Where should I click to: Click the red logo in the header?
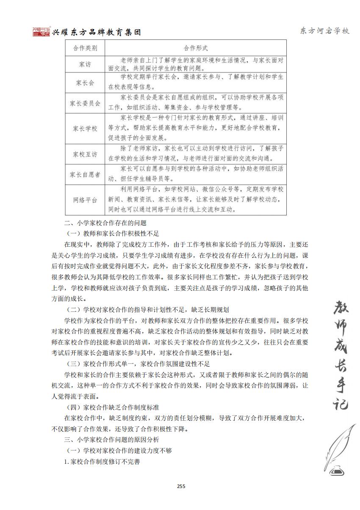tap(41, 32)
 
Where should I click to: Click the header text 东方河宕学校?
tap(324, 31)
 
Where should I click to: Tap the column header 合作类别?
tap(85, 48)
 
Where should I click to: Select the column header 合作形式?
tap(196, 48)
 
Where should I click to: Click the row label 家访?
tap(85, 64)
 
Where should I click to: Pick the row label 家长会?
tap(85, 83)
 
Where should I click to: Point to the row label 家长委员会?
tap(85, 103)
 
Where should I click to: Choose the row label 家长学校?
tap(85, 129)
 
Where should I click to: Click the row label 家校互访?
tap(85, 154)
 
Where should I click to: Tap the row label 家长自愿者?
tap(85, 175)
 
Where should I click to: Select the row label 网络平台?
tap(85, 200)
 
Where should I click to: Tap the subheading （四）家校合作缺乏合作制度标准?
tap(113, 407)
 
